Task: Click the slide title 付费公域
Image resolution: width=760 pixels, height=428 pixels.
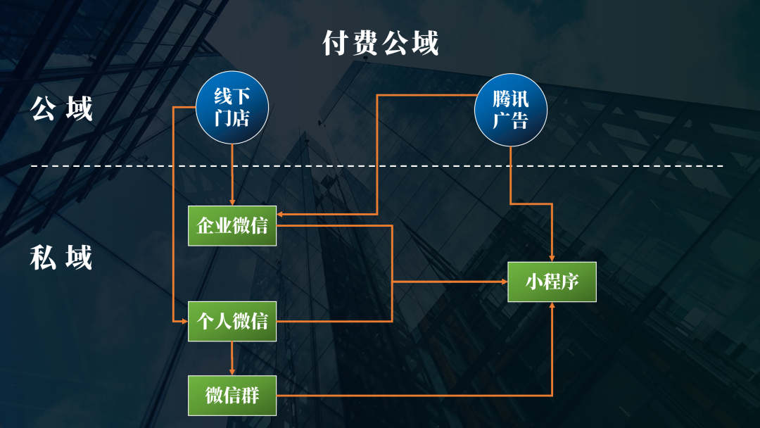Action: pos(381,44)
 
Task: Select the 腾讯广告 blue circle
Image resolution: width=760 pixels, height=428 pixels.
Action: pos(510,109)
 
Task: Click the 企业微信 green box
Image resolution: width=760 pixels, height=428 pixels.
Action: pos(232,226)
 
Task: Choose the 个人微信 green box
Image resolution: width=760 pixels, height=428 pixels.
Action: pos(232,322)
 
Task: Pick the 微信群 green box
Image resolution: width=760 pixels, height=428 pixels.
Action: pos(232,395)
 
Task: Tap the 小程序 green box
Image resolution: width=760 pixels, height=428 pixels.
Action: pos(552,282)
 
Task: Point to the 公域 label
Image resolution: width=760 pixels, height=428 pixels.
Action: pos(62,109)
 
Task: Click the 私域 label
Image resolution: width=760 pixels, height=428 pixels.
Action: pos(62,258)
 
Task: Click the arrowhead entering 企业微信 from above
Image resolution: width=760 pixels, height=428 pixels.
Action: pos(232,202)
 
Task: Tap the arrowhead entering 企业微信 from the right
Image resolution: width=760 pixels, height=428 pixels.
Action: pos(281,213)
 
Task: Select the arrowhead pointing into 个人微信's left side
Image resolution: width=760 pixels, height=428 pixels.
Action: pos(184,321)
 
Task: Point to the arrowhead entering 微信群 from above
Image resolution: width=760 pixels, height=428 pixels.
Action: pos(232,371)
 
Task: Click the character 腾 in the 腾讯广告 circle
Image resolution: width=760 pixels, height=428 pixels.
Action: pos(501,99)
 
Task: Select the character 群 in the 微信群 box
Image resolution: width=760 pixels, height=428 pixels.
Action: pos(251,395)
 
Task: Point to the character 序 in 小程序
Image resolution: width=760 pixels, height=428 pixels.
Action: pos(569,282)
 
